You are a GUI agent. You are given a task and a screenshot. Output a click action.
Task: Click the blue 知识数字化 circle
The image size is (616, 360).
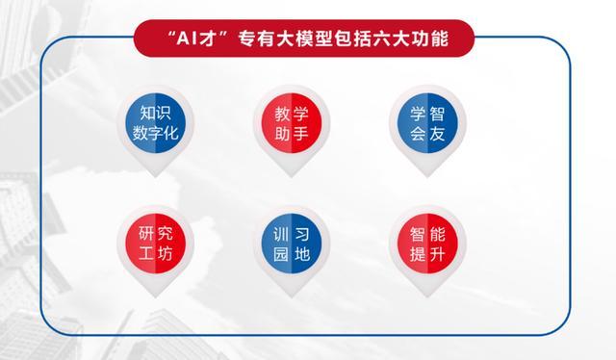[x=155, y=123]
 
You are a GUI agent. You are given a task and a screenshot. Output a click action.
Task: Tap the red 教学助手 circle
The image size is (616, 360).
[x=292, y=123]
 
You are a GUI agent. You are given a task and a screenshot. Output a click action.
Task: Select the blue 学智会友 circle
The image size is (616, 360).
[x=427, y=123]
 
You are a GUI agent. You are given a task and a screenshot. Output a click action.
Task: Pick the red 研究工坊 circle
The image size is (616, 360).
[x=155, y=244]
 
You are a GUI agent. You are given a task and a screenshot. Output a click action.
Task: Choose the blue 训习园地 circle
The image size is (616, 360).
[x=292, y=244]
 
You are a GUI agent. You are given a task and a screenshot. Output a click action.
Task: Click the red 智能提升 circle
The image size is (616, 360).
[x=427, y=244]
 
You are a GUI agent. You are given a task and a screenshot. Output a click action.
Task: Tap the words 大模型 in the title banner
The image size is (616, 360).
[x=304, y=39]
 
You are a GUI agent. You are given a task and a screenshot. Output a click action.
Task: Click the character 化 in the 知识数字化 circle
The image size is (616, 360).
[x=171, y=133]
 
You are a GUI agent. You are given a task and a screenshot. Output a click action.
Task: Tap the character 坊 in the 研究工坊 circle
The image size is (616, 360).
[x=165, y=254]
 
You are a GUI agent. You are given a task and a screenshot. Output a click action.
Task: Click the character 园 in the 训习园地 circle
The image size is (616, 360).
[x=281, y=254]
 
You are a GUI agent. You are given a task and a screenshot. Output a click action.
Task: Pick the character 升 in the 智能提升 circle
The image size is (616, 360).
[x=437, y=254]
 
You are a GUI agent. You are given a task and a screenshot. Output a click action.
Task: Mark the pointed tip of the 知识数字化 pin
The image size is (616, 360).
[x=155, y=177]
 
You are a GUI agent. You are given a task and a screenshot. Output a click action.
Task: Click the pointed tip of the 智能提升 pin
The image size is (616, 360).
[x=427, y=297]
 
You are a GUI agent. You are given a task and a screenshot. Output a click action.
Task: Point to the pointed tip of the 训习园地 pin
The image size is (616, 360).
[x=292, y=297]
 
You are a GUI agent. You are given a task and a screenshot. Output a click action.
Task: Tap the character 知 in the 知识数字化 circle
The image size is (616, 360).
[x=147, y=114]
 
